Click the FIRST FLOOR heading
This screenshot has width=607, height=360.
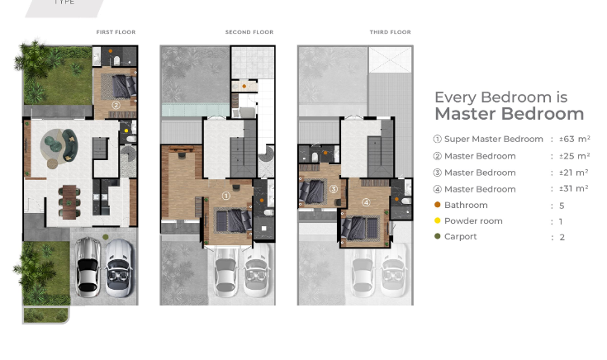point(116,32)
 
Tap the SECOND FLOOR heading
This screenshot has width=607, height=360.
point(249,32)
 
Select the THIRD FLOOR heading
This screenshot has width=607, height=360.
point(390,32)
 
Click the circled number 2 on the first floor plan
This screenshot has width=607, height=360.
point(116,105)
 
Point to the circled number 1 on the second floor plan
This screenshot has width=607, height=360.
point(226,197)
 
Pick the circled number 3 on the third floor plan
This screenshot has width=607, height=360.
point(334,189)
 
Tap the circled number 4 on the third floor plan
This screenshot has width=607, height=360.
point(367,202)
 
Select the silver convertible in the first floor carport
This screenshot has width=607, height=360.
point(118,268)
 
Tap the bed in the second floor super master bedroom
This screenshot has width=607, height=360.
point(232,220)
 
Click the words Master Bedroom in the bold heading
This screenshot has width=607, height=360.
point(509,114)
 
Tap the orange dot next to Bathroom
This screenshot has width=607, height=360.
point(437,205)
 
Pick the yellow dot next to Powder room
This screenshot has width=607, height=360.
point(437,220)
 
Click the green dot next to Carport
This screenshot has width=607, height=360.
point(437,237)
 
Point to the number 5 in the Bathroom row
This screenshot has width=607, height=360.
point(562,205)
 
